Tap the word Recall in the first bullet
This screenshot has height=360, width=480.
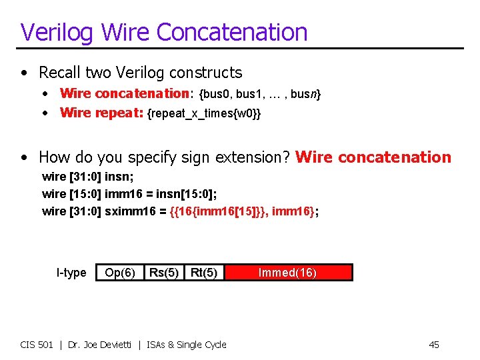click(61, 72)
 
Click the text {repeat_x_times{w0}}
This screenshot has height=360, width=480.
click(203, 113)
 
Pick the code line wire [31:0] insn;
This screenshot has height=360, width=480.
click(87, 177)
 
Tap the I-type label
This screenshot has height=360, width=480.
click(71, 273)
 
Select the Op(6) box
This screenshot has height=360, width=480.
click(120, 273)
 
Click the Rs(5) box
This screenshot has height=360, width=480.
click(163, 273)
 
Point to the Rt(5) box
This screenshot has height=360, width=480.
click(204, 273)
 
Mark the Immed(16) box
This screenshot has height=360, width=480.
click(288, 273)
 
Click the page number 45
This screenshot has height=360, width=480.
click(433, 345)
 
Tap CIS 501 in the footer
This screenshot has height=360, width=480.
click(37, 345)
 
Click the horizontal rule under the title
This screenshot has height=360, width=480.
click(240, 49)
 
